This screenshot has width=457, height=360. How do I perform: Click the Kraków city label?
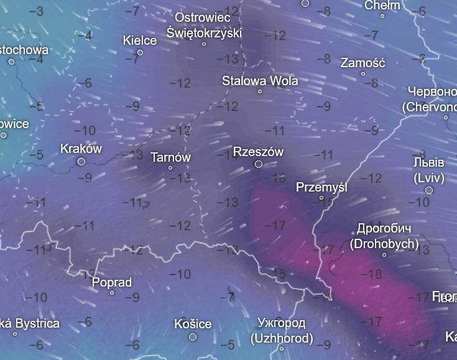[81, 149]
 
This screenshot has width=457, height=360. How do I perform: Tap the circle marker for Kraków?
[81, 162]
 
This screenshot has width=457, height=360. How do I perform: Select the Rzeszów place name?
[258, 152]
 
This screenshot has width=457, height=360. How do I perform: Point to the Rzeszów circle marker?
[259, 164]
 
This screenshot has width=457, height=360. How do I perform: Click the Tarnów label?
[170, 157]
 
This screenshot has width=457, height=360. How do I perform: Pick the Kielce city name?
[140, 40]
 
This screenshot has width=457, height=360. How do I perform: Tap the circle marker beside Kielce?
[140, 53]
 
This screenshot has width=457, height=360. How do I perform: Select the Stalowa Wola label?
[260, 81]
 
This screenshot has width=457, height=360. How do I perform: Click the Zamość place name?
[363, 63]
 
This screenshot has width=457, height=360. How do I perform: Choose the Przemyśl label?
[321, 187]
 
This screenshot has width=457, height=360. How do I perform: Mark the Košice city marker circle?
[193, 337]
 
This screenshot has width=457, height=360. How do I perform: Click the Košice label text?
[193, 324]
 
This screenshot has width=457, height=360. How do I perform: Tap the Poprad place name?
[112, 282]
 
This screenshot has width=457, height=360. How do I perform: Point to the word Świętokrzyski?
[204, 32]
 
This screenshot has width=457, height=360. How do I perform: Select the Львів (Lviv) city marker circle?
[429, 190]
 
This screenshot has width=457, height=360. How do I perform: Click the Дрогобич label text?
[384, 229]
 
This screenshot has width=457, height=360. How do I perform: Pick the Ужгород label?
[282, 323]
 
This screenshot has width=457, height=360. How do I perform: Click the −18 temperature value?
[374, 274]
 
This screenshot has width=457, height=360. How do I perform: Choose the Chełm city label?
[382, 6]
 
